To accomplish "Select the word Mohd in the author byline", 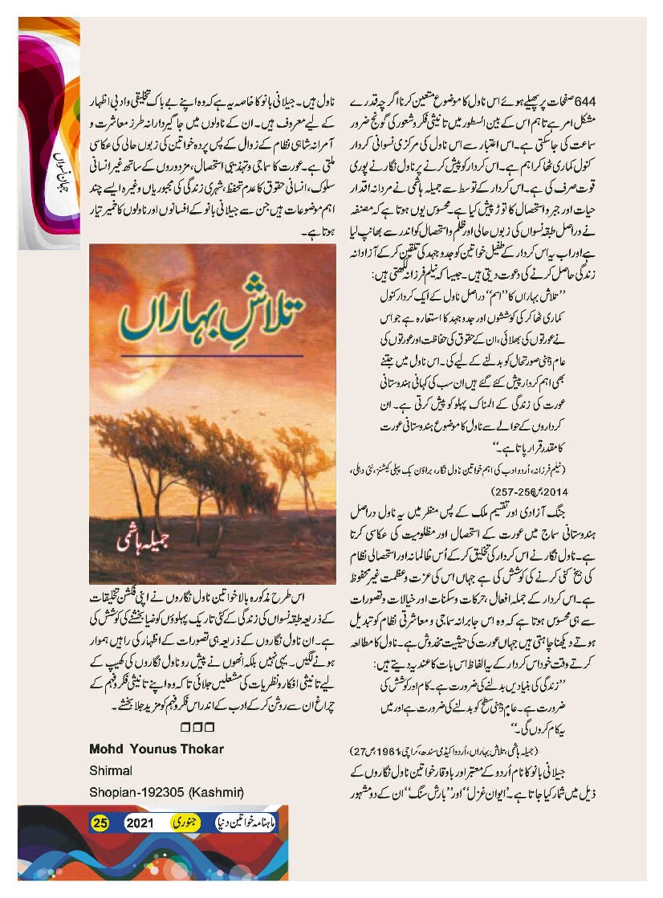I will click(x=106, y=749).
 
